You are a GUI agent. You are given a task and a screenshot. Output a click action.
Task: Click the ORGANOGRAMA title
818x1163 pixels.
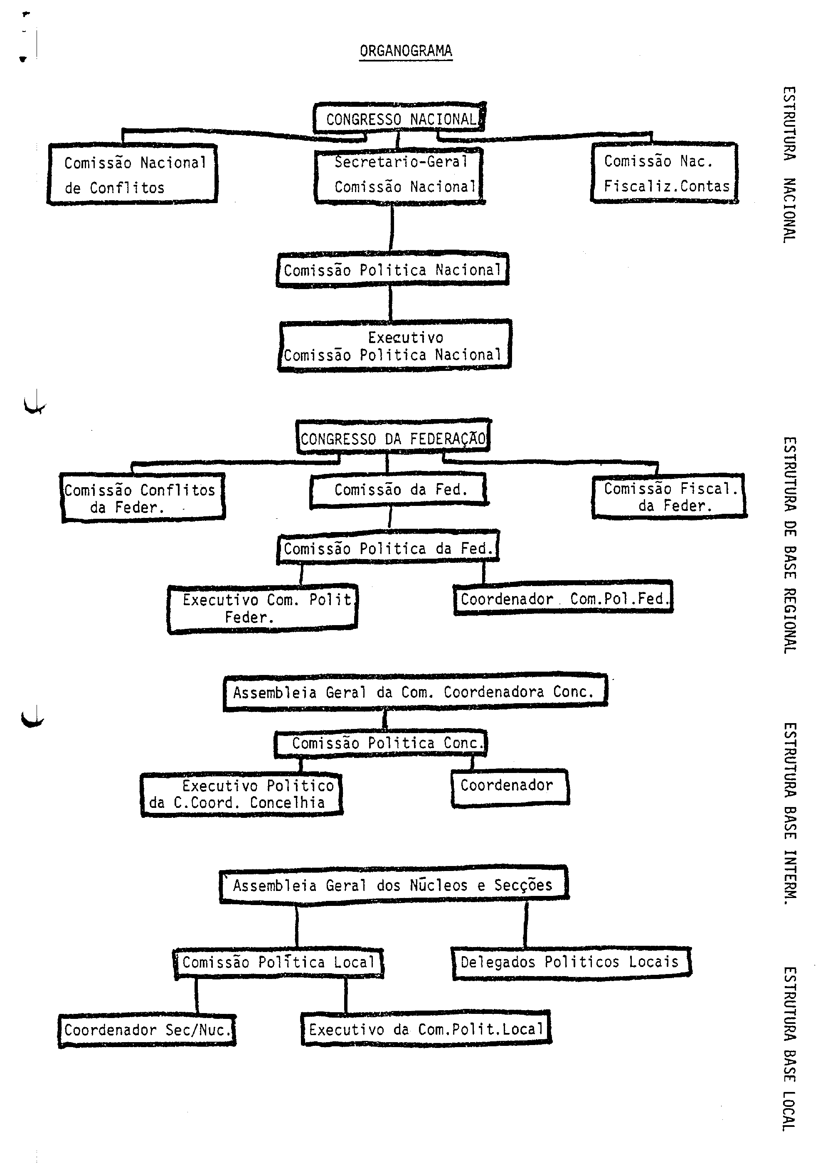[405, 51]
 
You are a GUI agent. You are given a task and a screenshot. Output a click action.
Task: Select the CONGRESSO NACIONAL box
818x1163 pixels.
[399, 118]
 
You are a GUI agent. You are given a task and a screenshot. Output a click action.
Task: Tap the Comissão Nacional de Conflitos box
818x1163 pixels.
[133, 175]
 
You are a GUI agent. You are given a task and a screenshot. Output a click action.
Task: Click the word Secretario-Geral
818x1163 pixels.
[400, 162]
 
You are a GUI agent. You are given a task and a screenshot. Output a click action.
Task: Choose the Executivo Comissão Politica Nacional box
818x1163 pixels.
[394, 346]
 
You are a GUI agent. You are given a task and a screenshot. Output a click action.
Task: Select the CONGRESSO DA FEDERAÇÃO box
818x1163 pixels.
[393, 438]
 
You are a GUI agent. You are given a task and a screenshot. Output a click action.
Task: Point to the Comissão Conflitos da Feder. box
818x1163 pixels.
[143, 498]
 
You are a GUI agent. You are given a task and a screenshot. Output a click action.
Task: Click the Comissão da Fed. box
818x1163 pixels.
[399, 490]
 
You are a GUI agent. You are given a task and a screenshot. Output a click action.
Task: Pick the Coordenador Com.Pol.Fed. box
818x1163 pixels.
[563, 599]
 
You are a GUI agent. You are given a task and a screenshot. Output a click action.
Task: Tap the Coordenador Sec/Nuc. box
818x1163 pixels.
[147, 1030]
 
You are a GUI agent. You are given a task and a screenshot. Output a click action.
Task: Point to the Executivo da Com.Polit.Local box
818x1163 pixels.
[426, 1029]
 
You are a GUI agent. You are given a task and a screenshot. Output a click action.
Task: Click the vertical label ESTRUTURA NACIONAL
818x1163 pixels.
[788, 164]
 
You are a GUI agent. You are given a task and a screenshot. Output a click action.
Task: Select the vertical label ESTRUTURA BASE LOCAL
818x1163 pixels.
[788, 1048]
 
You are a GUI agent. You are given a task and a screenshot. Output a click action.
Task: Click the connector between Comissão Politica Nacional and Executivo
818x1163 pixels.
[390, 303]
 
